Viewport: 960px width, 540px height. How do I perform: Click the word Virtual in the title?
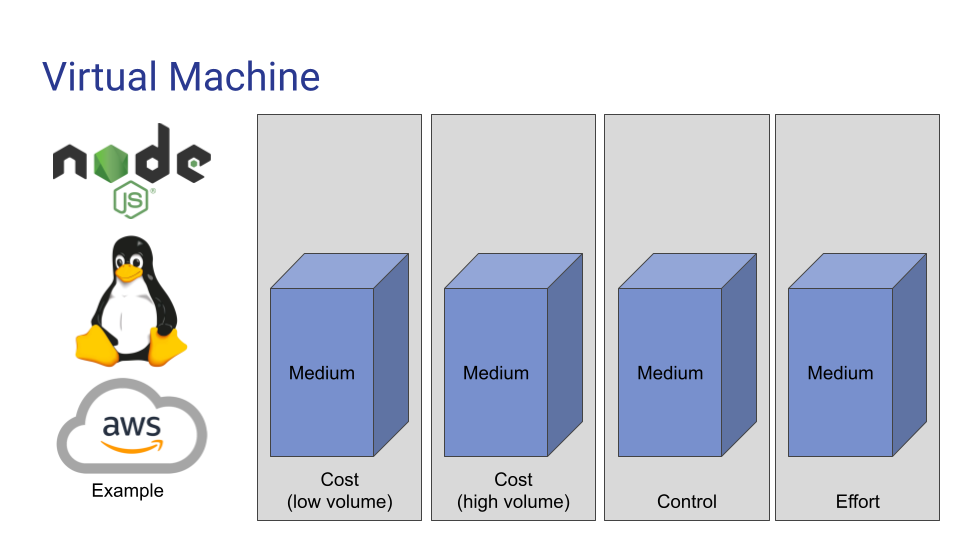(x=100, y=77)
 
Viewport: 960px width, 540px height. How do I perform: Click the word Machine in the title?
(x=244, y=77)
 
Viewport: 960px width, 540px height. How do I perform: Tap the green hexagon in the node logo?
(x=111, y=163)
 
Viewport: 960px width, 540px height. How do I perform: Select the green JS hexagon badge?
(x=130, y=200)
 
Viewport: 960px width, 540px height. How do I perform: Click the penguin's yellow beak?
(x=129, y=272)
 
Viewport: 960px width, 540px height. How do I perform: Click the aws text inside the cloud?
(x=132, y=425)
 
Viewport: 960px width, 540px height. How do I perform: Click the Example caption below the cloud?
(x=127, y=490)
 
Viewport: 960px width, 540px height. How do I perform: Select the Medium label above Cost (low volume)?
(x=321, y=373)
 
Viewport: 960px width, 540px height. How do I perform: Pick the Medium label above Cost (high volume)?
(x=496, y=373)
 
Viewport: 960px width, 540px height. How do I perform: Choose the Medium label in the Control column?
(x=670, y=373)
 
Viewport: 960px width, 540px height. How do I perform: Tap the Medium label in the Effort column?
(x=840, y=373)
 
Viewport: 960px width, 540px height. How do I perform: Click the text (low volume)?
(x=340, y=502)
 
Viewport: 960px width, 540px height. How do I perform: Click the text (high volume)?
(x=513, y=502)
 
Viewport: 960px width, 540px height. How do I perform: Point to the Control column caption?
(x=686, y=501)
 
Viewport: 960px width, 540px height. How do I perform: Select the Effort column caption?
(x=858, y=501)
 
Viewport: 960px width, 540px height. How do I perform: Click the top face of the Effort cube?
(x=857, y=271)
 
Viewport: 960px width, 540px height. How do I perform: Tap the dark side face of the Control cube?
(x=739, y=355)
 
